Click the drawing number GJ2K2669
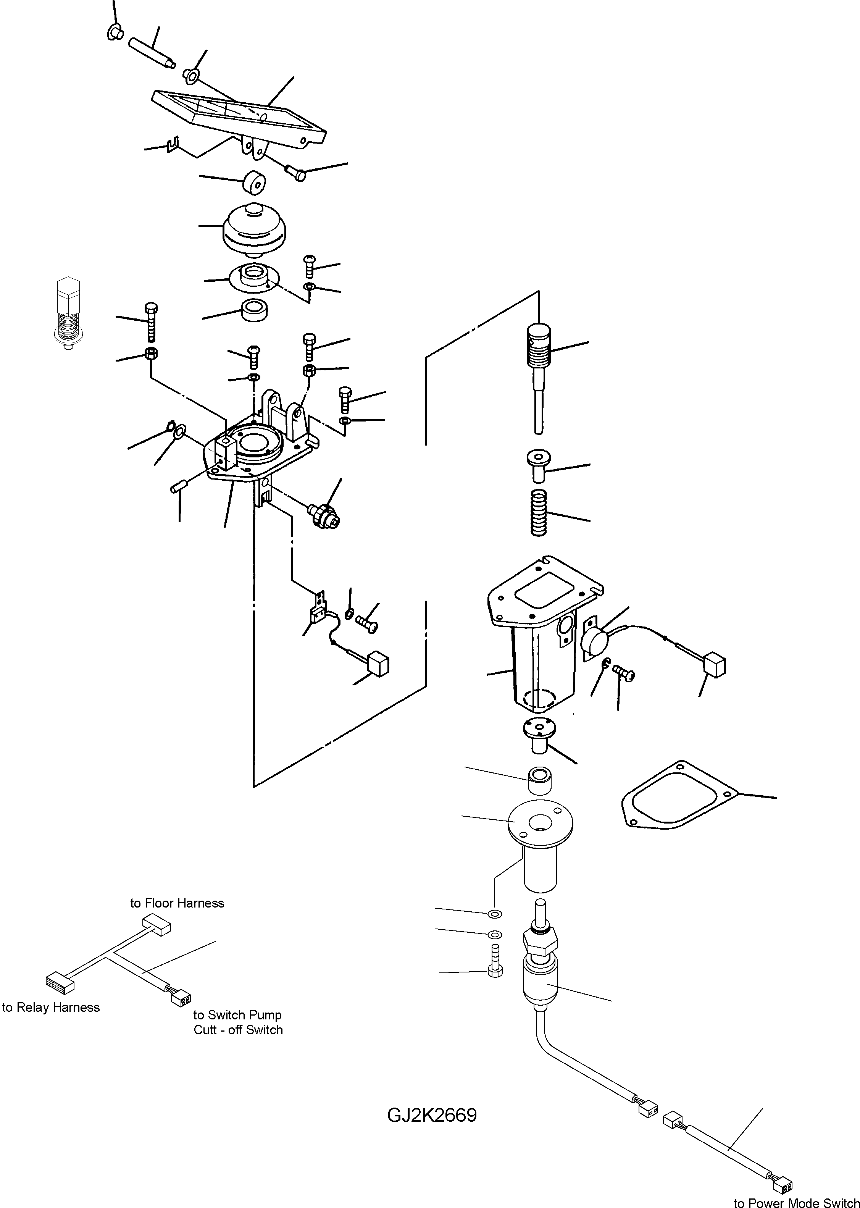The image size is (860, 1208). pos(432,1115)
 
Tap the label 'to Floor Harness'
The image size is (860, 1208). pos(177,903)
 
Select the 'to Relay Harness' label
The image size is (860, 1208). pos(51,1007)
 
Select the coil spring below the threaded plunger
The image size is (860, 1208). pos(539,512)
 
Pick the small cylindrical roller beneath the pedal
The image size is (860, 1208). pos(254,183)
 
